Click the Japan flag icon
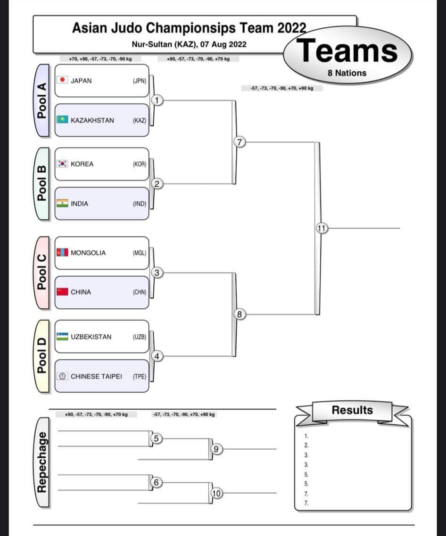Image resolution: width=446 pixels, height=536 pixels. point(62,80)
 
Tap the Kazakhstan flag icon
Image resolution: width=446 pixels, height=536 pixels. point(62,120)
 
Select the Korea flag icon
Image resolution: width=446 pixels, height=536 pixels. point(62,164)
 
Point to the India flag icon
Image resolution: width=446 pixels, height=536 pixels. point(62,203)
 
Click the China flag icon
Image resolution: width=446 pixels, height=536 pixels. point(62,292)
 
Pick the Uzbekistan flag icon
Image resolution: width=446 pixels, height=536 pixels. point(62,337)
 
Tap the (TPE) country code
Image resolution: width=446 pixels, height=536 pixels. point(140,376)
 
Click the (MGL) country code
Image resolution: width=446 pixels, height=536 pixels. point(140,253)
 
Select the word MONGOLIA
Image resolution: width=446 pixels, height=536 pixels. point(88,253)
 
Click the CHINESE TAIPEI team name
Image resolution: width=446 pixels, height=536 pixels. point(96,376)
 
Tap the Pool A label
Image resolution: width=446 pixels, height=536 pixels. point(42,100)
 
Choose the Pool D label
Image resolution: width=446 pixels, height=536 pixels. point(42,356)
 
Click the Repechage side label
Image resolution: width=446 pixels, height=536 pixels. point(42,462)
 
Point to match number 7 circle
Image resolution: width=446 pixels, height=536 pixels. point(240,142)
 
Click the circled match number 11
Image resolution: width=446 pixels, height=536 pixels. point(322,228)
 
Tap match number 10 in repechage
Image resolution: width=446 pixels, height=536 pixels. point(216,493)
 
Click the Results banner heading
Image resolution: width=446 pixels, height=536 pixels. point(352,410)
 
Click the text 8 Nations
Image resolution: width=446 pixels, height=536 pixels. point(347,73)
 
